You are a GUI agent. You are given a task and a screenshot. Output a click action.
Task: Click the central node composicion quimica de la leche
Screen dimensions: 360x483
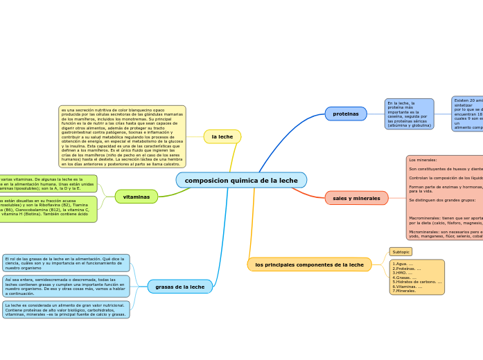pos(241,180)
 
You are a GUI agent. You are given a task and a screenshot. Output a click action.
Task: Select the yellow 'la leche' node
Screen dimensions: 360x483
pos(222,137)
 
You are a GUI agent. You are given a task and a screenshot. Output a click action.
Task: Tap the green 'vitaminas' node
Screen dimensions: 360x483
pos(137,197)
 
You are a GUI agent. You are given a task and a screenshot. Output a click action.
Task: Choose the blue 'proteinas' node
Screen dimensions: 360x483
pos(346,114)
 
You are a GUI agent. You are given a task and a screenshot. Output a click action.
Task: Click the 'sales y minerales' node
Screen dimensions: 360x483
pos(356,198)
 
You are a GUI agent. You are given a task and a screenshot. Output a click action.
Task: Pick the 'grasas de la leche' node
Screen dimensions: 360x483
pos(179,287)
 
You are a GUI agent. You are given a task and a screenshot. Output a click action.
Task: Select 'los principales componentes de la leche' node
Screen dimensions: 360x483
pos(309,264)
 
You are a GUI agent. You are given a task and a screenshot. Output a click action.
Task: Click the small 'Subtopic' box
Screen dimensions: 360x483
pos(401,252)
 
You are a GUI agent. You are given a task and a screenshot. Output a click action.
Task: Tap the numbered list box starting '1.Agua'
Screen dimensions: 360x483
pos(416,277)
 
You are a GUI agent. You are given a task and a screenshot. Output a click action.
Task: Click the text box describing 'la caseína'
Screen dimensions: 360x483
pos(409,114)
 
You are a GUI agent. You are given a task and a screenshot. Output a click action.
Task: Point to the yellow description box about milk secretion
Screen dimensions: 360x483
pos(122,137)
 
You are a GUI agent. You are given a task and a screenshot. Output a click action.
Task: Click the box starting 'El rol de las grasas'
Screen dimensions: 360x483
pos(65,263)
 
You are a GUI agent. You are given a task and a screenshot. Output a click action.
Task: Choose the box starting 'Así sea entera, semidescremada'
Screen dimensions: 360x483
pos(65,286)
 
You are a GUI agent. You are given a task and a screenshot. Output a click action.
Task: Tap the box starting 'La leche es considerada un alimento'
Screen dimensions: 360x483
pos(65,309)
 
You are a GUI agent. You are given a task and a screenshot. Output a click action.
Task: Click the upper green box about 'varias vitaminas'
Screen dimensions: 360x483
pos(47,183)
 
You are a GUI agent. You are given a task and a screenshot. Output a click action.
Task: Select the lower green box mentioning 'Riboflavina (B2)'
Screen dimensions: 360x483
pos(47,209)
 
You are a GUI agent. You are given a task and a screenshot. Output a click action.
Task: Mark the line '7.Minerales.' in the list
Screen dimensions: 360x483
pos(404,291)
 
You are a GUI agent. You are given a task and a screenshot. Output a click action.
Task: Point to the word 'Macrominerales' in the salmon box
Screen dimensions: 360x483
pos(425,217)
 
